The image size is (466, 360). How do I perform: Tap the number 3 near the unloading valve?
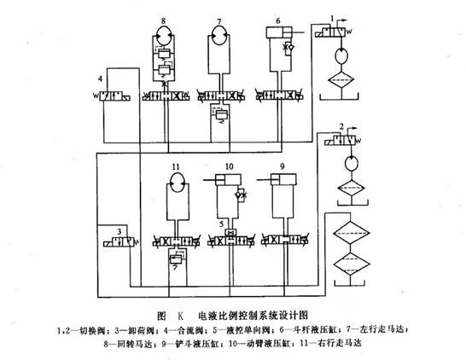pos(120,230)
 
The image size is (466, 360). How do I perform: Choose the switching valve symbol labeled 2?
pos(341,139)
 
